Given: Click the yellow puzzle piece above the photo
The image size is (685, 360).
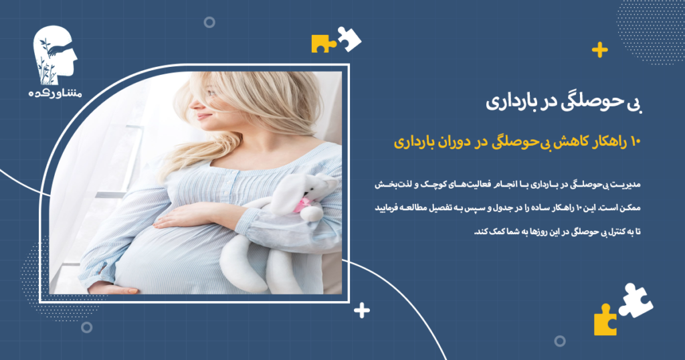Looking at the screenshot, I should point(322,43).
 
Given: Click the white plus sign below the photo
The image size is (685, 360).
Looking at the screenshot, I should point(362,310).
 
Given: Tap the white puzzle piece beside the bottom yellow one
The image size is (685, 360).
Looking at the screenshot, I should point(634,299).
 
